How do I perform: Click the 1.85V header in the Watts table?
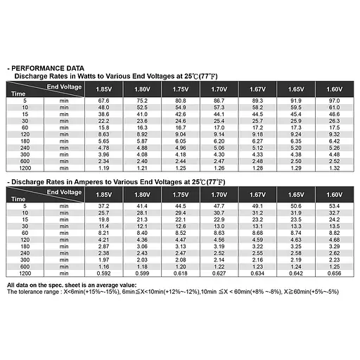pyautogui.click(x=103, y=89)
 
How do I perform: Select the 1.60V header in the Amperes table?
pyautogui.click(x=335, y=193)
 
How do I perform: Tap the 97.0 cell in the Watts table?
pyautogui.click(x=335, y=101)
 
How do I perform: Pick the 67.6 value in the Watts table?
pyautogui.click(x=103, y=101)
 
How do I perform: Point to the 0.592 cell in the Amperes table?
pyautogui.click(x=103, y=274)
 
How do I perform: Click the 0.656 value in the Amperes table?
pyautogui.click(x=335, y=274)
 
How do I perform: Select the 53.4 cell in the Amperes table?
pyautogui.click(x=335, y=205)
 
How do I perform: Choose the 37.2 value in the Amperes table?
pyautogui.click(x=103, y=205)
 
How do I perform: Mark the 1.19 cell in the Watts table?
pyautogui.click(x=103, y=169)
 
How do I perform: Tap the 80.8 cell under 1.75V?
pyautogui.click(x=180, y=101)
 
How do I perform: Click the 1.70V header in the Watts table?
pyautogui.click(x=219, y=89)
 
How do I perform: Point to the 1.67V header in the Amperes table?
pyautogui.click(x=257, y=193)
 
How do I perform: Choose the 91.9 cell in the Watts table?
pyautogui.click(x=296, y=101)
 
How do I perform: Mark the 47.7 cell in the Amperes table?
pyautogui.click(x=219, y=205)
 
